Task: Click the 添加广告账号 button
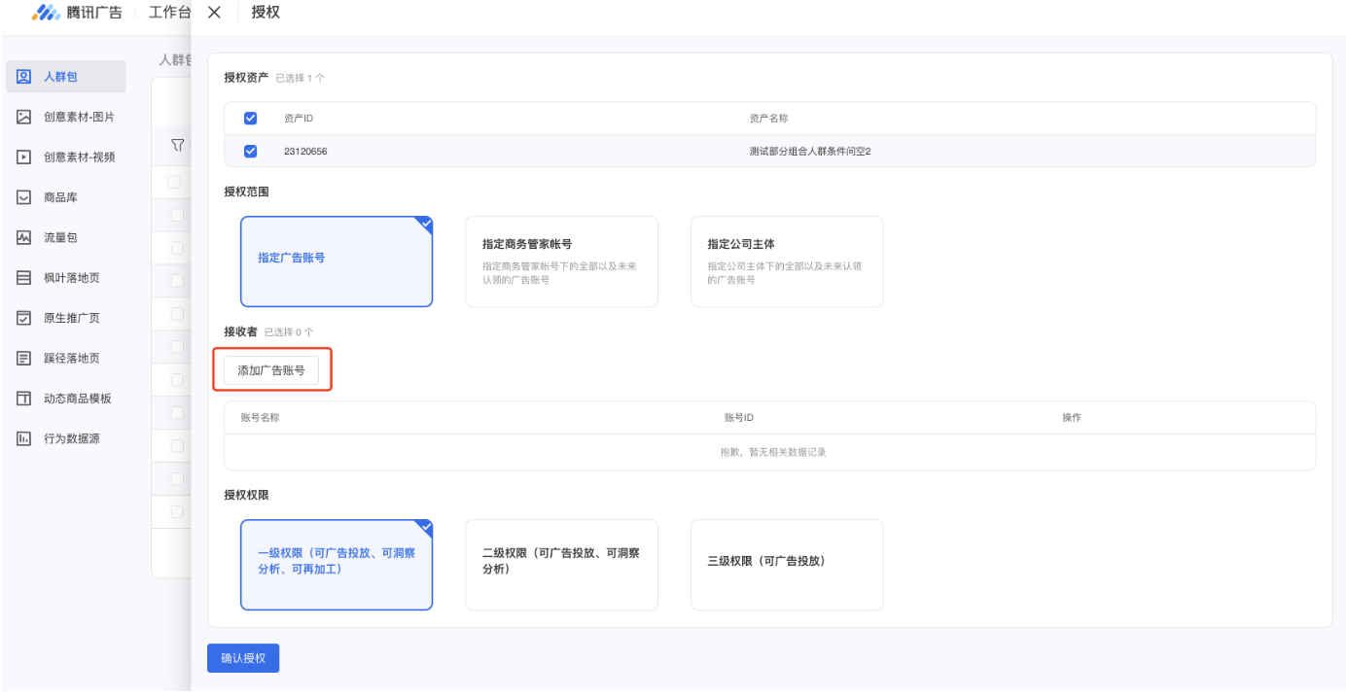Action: pos(271,370)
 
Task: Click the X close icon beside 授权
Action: pos(215,13)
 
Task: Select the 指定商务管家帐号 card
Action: pos(561,261)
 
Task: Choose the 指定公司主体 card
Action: pos(786,261)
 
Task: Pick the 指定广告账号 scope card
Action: pos(337,261)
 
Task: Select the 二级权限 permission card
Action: pos(561,565)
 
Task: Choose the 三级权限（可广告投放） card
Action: pos(786,565)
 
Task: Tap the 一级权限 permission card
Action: pos(337,565)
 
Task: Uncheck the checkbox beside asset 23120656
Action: pos(250,151)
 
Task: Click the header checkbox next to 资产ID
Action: pos(250,119)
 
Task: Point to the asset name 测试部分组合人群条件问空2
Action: pos(809,152)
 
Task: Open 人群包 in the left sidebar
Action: pos(60,77)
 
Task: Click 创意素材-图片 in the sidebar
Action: pos(78,117)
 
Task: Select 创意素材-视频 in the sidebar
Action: pos(79,157)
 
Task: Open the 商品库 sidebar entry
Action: pos(60,197)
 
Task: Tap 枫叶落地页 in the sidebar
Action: pos(71,278)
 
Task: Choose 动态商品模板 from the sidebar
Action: pos(77,399)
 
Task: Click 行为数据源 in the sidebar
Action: pos(71,438)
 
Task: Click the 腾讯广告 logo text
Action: pos(94,13)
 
